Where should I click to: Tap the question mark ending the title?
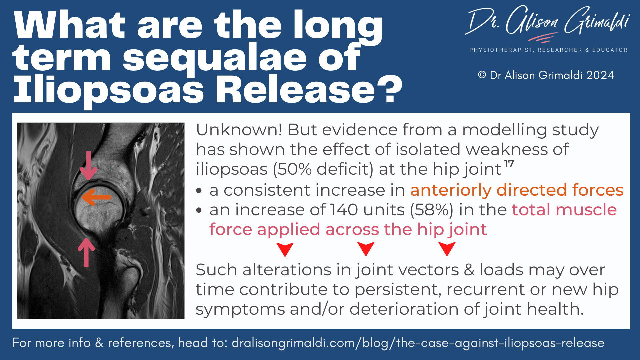[390, 89]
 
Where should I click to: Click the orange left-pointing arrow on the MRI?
[96, 197]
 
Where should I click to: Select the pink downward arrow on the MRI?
[88, 165]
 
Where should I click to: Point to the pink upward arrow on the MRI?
[86, 252]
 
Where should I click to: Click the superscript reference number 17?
[509, 164]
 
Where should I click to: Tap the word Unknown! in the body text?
[239, 130]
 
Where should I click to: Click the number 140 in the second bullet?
[344, 210]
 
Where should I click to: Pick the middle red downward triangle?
[366, 249]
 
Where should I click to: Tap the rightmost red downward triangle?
[447, 249]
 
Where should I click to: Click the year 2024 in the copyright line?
[600, 75]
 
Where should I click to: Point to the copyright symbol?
[482, 75]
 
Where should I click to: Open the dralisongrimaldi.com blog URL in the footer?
[418, 343]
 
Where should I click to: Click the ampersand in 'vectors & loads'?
[469, 270]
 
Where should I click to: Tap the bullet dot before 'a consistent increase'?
[199, 191]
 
